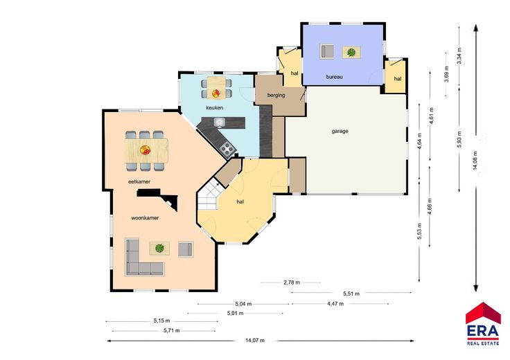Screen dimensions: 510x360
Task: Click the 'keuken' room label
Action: pos(214,107)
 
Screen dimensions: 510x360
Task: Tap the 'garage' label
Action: pos(340,132)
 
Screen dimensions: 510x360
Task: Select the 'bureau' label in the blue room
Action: pos(335,77)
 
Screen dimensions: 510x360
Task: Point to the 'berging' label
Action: pos(276,96)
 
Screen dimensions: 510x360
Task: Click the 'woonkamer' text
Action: pos(145,218)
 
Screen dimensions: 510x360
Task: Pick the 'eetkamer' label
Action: pos(139,181)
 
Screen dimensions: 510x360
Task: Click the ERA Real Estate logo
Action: pos(483,323)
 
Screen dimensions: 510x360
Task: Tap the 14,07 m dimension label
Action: pos(255,341)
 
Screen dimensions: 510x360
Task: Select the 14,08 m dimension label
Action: pos(475,161)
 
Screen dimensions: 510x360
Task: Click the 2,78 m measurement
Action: pos(292,282)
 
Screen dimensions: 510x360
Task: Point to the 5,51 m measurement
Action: pos(351,294)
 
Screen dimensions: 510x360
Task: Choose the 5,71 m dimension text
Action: pos(172,331)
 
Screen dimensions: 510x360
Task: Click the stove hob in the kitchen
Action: pos(227,149)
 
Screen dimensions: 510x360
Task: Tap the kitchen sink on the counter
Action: pos(220,122)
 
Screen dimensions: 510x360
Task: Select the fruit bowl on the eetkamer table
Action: pos(145,150)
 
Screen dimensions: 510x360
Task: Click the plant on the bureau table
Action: pos(351,52)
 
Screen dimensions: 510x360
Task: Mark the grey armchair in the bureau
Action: pos(327,51)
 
